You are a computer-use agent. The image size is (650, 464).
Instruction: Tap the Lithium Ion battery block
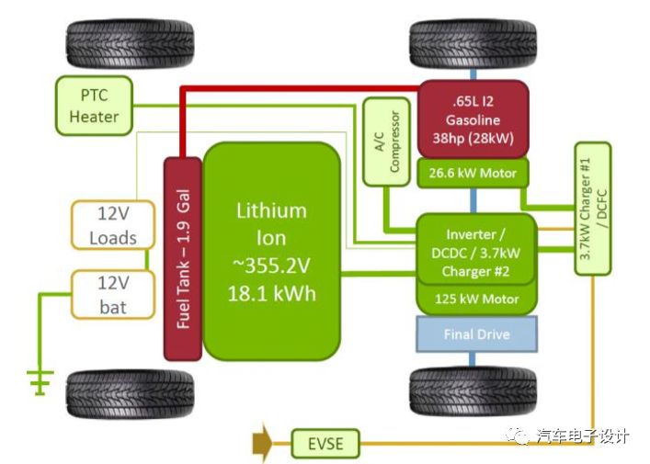270,250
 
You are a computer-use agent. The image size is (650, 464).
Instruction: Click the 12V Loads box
112,225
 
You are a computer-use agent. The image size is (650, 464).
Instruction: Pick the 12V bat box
112,294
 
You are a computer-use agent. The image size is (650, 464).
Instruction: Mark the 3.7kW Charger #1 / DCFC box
592,208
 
